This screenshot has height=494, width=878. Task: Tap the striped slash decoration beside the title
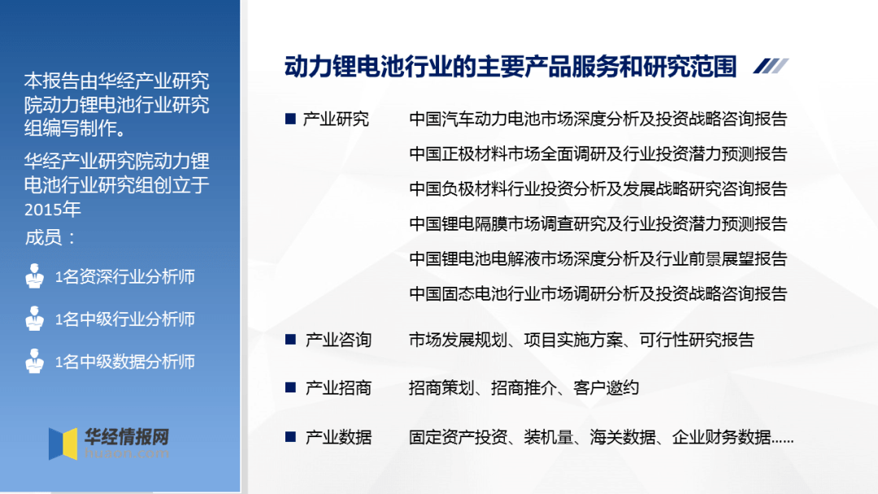(770, 67)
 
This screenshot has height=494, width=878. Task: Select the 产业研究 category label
(336, 119)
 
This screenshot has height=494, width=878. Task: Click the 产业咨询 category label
(338, 340)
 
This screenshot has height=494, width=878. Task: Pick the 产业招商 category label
(338, 388)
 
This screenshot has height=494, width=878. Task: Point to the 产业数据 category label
(338, 437)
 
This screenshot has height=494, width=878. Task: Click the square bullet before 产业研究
(289, 119)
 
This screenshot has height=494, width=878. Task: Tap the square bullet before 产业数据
(289, 437)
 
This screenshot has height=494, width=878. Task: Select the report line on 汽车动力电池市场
(598, 119)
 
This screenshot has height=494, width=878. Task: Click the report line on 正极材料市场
(598, 154)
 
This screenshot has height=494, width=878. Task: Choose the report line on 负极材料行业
(598, 189)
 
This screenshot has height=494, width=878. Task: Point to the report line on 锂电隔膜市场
(598, 224)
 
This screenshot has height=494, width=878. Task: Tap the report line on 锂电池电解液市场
(598, 259)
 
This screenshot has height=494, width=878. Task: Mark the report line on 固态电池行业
(598, 294)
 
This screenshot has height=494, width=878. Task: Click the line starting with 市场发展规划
(581, 340)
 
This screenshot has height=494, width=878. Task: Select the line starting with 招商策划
(524, 388)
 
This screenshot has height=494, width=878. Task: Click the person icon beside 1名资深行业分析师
(34, 276)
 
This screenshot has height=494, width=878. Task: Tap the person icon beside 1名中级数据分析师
(34, 361)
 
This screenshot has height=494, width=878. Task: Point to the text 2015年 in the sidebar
(53, 209)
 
